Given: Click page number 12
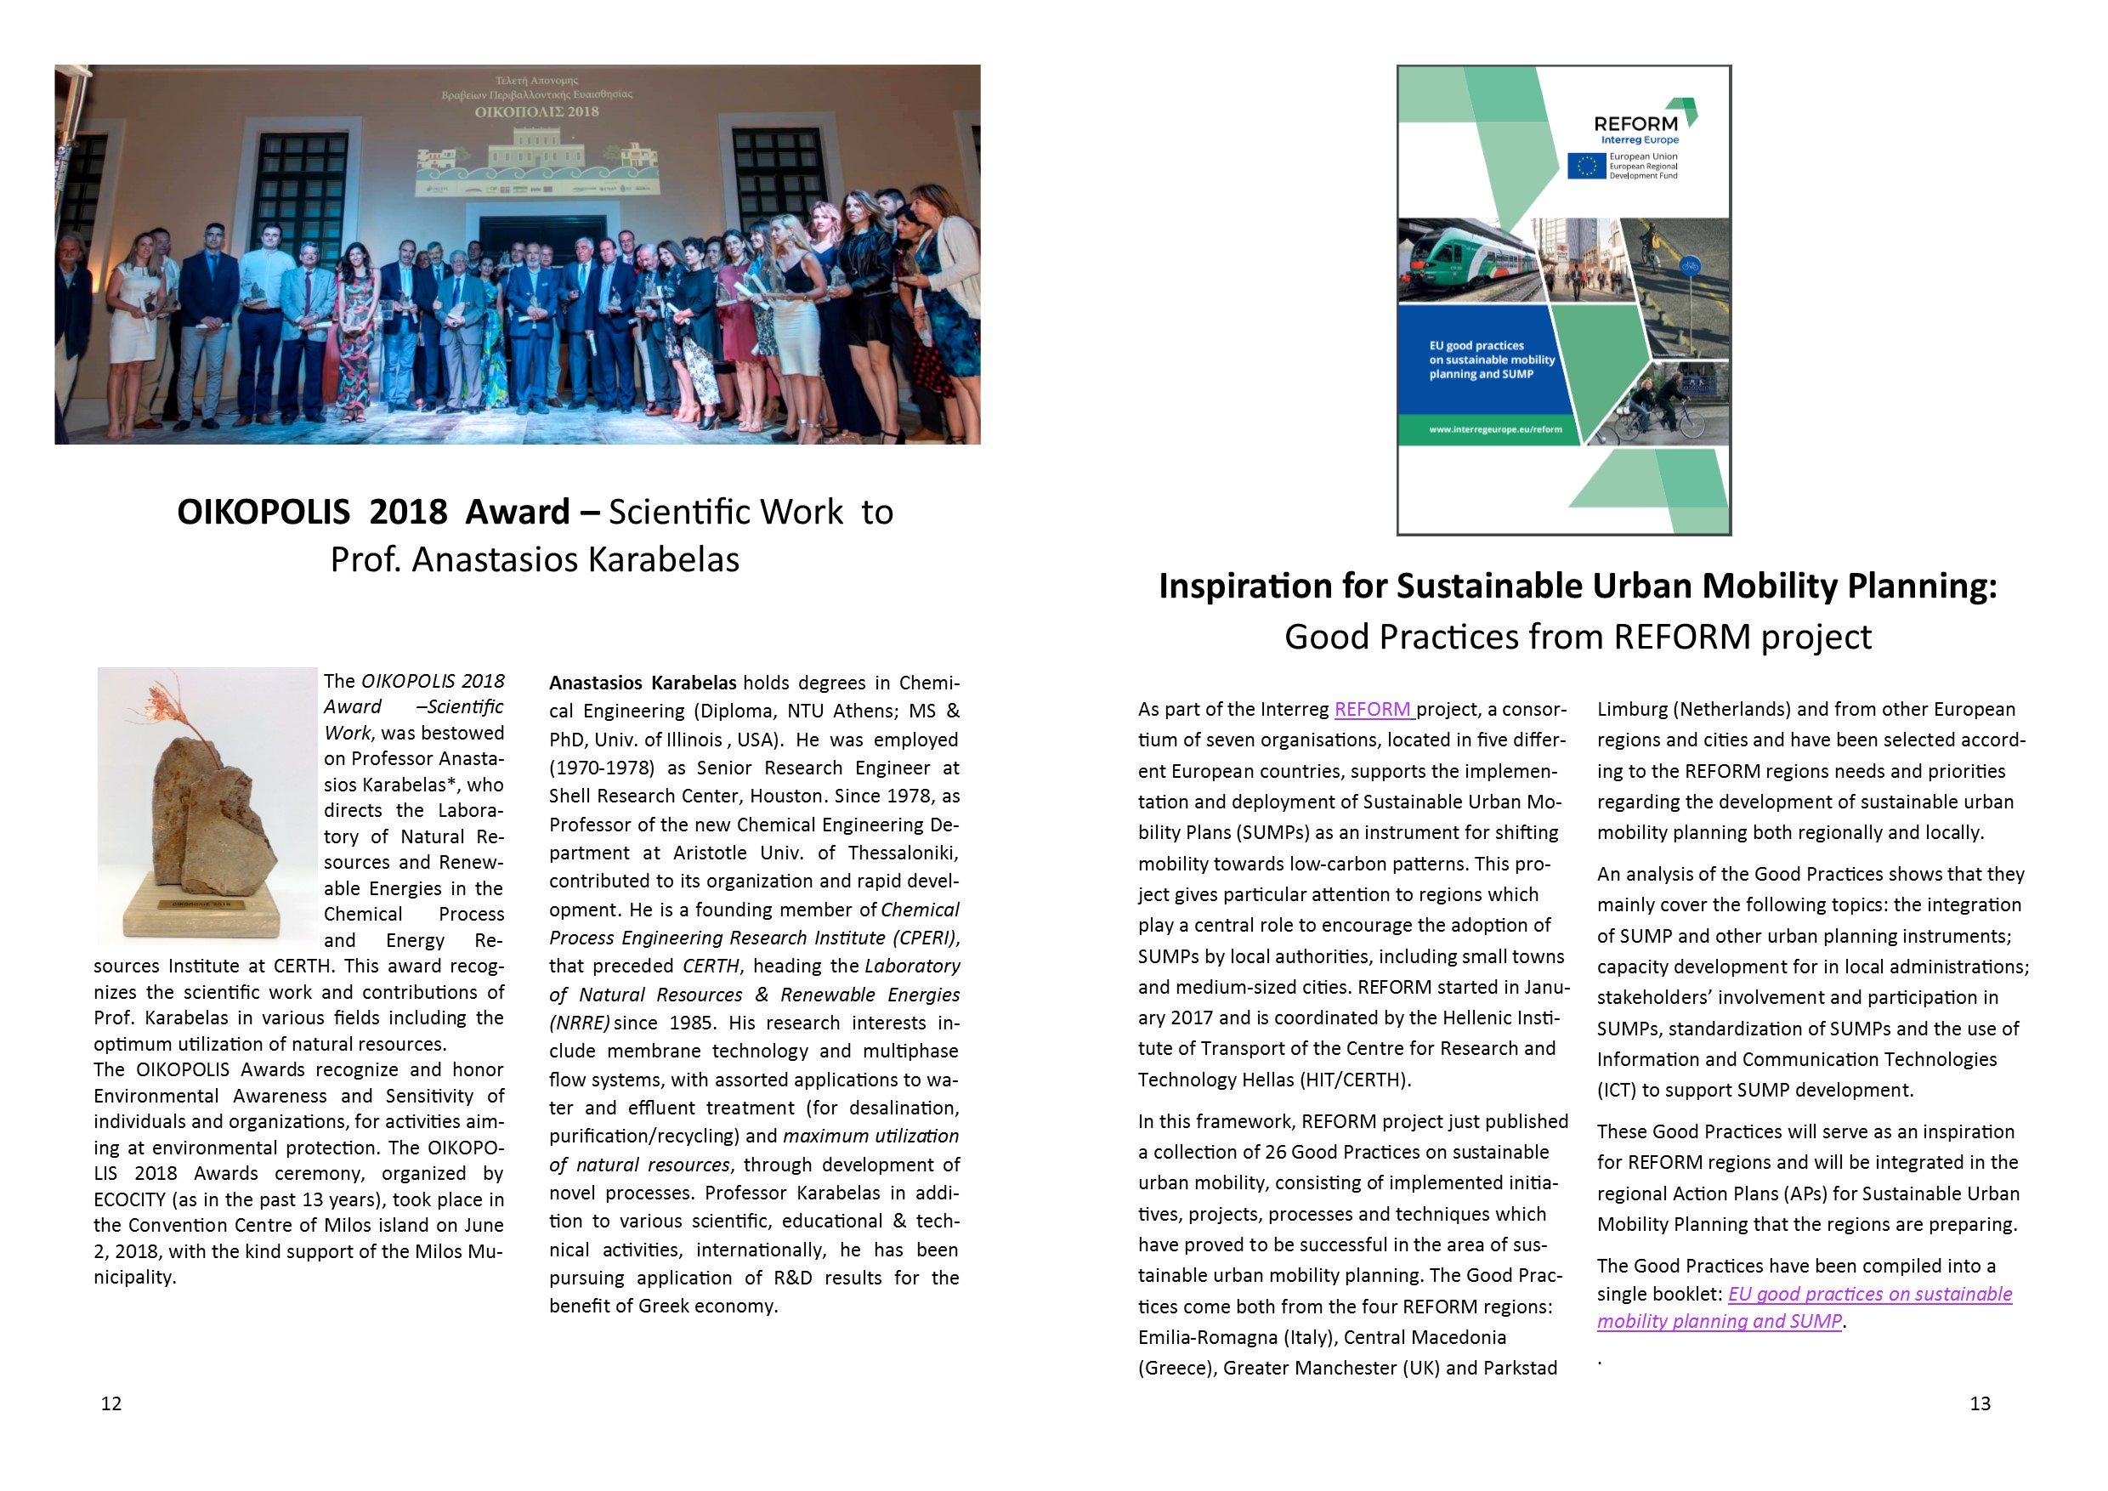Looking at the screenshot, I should coord(111,1403).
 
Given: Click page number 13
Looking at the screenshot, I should coord(1980,1403).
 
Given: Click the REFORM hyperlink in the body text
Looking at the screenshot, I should coord(1373,709).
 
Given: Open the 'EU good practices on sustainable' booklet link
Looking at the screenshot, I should coord(1869,1294).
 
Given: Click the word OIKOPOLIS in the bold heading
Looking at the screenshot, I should coord(263,512).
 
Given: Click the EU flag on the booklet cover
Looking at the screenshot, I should coord(1585,166).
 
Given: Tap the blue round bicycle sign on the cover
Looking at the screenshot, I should coord(1688,267).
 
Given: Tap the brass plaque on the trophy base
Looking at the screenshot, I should coord(196,904).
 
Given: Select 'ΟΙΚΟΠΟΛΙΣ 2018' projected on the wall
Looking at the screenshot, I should coord(536,112).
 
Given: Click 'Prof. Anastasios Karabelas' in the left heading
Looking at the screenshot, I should coord(535,559).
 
